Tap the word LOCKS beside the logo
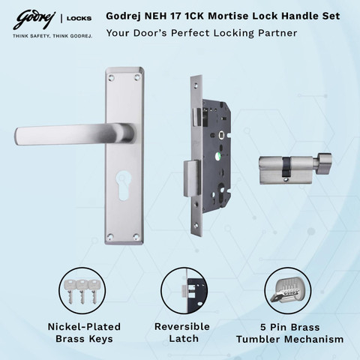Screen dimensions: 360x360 79,18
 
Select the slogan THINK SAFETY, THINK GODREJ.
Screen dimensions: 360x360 52,36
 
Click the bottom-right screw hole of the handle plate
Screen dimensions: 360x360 136,236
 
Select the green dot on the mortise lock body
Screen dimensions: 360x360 217,157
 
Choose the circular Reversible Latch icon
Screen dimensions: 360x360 184,290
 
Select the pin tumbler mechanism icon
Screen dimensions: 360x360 288,290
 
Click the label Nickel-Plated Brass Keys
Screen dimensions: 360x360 84,333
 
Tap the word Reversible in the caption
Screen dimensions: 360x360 182,326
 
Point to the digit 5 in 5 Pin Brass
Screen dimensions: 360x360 263,327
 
